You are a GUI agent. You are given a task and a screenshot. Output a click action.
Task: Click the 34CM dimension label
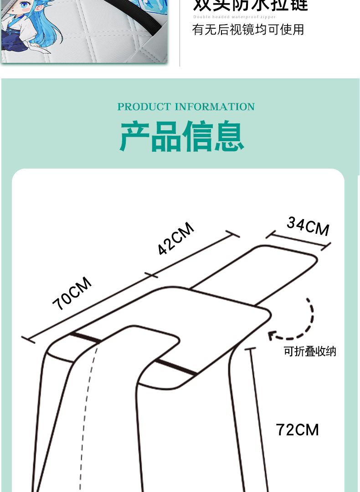click(308, 226)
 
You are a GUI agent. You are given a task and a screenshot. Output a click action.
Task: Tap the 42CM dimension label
click(176, 239)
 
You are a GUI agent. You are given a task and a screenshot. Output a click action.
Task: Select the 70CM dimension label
click(72, 294)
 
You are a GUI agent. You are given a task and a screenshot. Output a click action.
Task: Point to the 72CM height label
click(297, 430)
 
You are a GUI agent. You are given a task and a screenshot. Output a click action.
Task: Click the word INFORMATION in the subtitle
click(214, 107)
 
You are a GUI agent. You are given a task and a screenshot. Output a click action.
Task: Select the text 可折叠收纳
click(310, 352)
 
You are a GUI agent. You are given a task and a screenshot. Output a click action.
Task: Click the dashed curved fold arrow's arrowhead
click(272, 336)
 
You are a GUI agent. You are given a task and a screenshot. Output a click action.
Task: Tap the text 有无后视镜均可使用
click(248, 30)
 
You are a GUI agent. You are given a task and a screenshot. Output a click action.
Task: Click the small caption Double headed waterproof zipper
click(234, 17)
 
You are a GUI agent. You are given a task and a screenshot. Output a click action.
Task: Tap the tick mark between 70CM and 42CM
click(151, 275)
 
